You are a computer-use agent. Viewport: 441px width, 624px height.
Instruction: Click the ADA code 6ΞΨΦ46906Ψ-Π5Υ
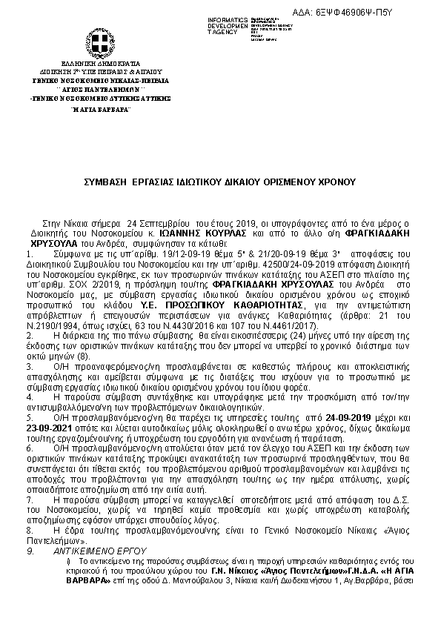[x=397, y=13]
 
